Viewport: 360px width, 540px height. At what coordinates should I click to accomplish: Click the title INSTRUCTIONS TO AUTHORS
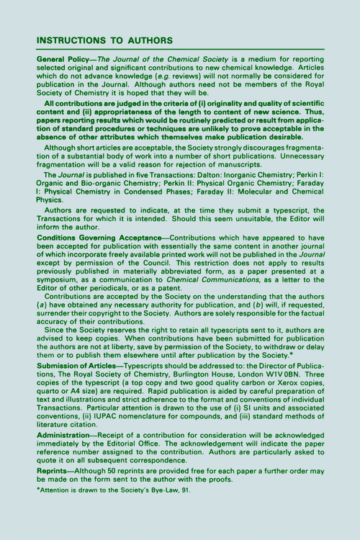104,40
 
